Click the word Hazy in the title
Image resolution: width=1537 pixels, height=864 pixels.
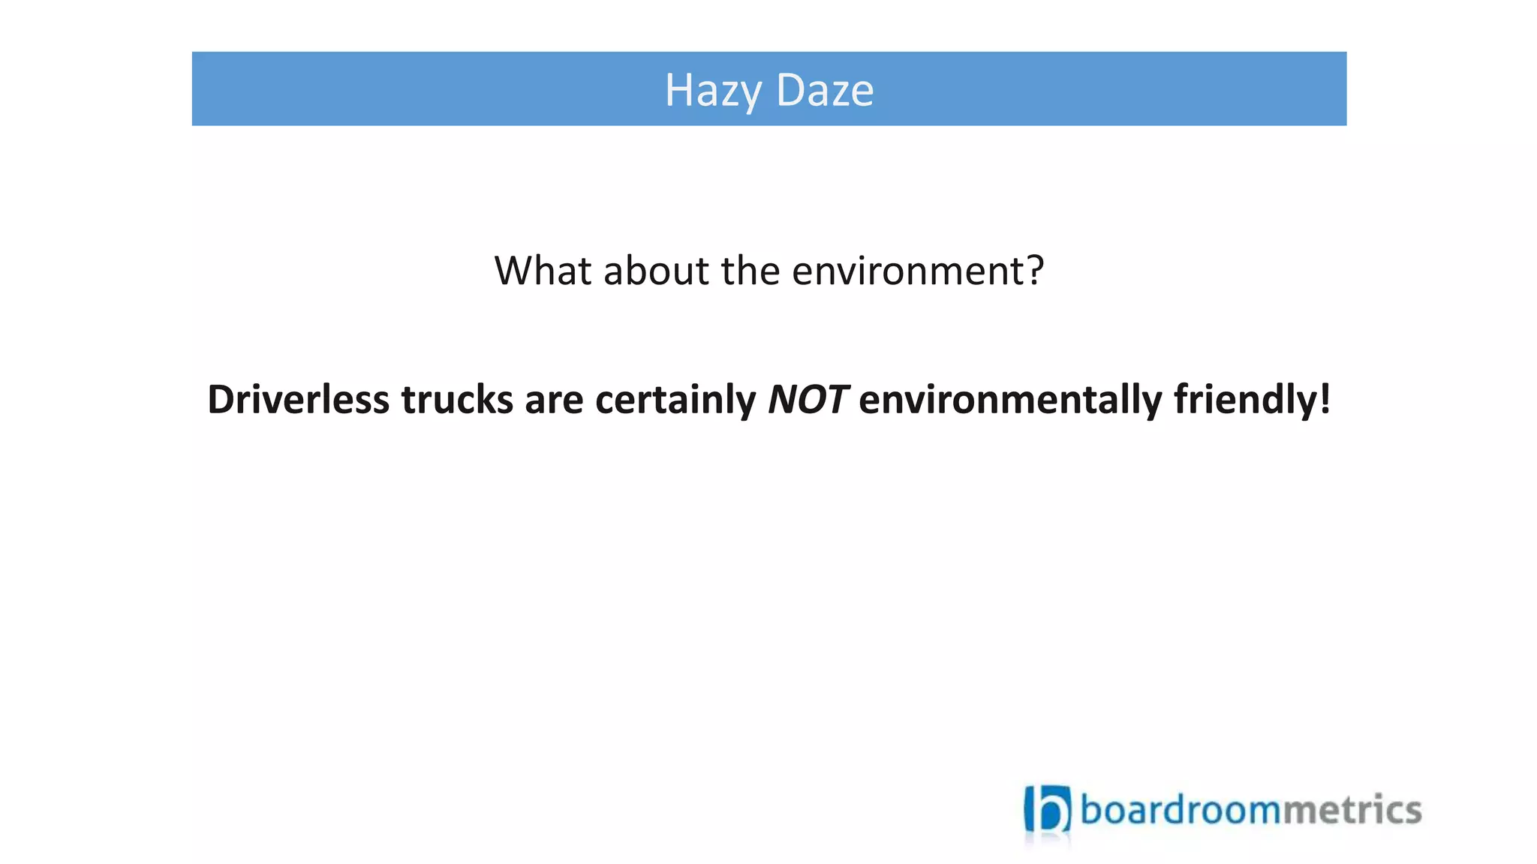click(713, 91)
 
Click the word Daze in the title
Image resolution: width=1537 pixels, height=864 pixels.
click(824, 91)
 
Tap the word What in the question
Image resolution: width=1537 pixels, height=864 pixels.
click(543, 271)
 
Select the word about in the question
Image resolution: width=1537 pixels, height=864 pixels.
click(656, 271)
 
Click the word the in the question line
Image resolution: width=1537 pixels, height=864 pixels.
click(750, 271)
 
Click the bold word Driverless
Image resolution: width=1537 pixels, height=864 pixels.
click(298, 399)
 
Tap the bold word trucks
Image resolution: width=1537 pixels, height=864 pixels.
click(456, 399)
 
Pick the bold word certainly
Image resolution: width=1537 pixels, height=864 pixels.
click(675, 399)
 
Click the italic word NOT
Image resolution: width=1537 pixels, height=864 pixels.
click(808, 399)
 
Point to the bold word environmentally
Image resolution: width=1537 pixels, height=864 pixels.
click(1010, 399)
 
